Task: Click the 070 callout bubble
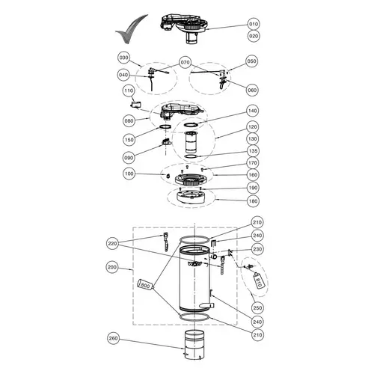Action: pyautogui.click(x=186, y=61)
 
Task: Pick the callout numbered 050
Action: pyautogui.click(x=251, y=61)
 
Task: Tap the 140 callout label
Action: pyautogui.click(x=252, y=111)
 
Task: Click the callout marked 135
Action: pyautogui.click(x=252, y=150)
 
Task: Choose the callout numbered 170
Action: pyautogui.click(x=252, y=162)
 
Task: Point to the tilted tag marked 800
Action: pyautogui.click(x=146, y=286)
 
